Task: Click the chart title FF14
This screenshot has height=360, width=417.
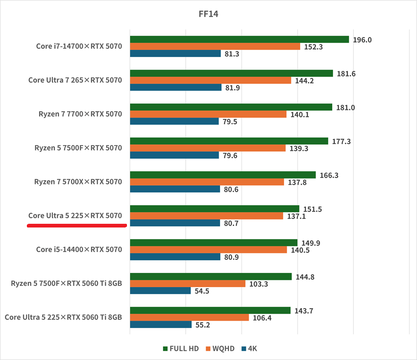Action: tap(208, 14)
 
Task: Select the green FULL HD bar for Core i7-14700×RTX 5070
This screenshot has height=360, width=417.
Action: tap(239, 39)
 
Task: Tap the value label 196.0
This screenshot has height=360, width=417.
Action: tap(363, 40)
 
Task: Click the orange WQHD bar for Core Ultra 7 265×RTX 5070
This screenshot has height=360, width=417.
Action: tap(210, 81)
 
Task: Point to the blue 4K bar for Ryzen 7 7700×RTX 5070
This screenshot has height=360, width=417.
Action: tap(174, 121)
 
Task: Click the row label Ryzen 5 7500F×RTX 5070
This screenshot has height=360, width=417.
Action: tap(78, 148)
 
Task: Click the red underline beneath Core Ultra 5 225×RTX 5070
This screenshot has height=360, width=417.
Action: tap(77, 226)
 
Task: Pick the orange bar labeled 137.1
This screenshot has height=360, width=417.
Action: tap(206, 216)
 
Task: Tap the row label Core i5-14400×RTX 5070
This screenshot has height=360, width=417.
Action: tap(79, 249)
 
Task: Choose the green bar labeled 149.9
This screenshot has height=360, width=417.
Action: tap(214, 243)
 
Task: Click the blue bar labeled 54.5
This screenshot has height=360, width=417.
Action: tap(160, 291)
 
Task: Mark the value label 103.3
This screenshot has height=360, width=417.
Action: tap(259, 284)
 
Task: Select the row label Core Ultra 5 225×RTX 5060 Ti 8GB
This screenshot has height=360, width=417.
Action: tap(63, 317)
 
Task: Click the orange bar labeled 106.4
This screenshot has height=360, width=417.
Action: tap(190, 317)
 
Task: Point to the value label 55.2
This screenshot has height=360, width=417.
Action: tap(202, 325)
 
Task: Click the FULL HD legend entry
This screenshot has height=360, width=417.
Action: tap(181, 348)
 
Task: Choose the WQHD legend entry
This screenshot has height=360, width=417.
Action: tap(221, 348)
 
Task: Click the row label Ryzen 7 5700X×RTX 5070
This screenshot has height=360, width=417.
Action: tap(78, 182)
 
